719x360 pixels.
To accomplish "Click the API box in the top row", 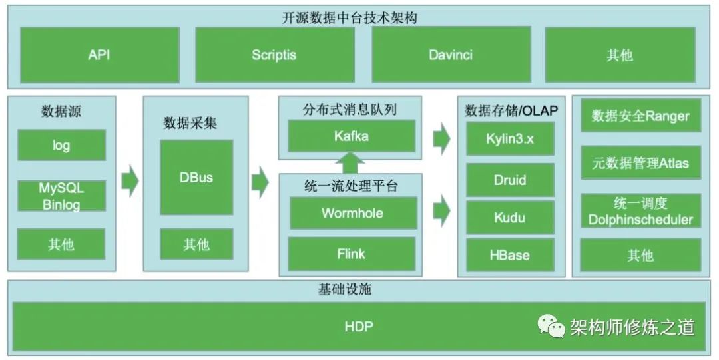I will click(99, 55).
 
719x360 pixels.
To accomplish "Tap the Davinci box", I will click(451, 55).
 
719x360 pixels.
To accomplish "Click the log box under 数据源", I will click(61, 145).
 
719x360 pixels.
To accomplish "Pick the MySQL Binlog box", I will click(61, 196).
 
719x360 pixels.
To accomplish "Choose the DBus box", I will click(196, 178).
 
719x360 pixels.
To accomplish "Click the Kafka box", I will click(351, 136).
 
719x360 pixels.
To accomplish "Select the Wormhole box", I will click(351, 213).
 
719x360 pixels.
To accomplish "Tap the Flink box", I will click(351, 254).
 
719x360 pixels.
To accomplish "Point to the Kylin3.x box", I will click(509, 139).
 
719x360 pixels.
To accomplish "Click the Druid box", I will click(509, 180).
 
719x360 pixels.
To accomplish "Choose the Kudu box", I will click(509, 218).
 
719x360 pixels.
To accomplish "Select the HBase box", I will click(509, 255).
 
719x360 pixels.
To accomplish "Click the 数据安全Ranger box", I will click(640, 116).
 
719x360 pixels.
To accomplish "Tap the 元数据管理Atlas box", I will click(640, 162).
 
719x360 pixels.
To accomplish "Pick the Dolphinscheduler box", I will click(640, 211).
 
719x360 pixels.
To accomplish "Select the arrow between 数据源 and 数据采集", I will click(130, 182).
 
